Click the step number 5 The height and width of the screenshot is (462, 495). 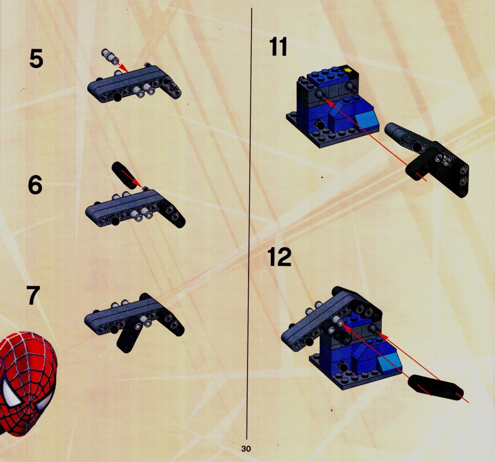click(x=36, y=59)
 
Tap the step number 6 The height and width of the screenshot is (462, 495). click(x=35, y=185)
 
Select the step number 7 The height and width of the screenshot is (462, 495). click(x=33, y=296)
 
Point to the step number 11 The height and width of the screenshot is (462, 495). click(x=279, y=47)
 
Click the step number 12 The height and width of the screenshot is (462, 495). click(x=280, y=257)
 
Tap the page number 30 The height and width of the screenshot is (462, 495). click(x=246, y=448)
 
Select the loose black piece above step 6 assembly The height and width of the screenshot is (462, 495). click(x=124, y=175)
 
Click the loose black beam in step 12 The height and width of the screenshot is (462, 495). click(x=436, y=388)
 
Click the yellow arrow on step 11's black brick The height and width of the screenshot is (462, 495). click(x=348, y=69)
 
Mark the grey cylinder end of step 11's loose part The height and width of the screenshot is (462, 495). click(x=392, y=129)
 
